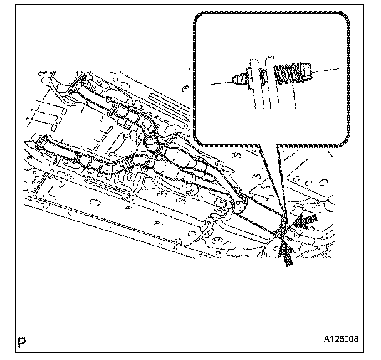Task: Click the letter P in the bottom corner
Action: [23, 342]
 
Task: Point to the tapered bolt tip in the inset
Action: [239, 80]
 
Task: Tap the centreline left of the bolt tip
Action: [219, 83]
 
